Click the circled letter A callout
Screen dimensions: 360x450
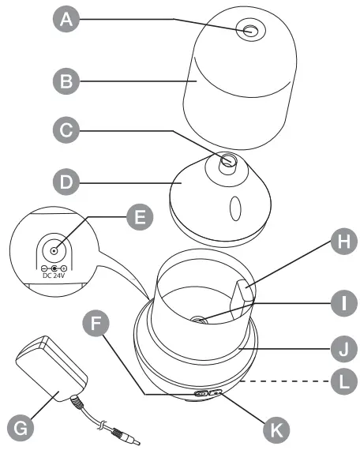pyautogui.click(x=66, y=19)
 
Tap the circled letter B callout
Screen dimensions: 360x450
pyautogui.click(x=66, y=81)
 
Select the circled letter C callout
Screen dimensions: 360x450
pyautogui.click(x=66, y=130)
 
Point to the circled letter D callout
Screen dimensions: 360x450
pyautogui.click(x=66, y=182)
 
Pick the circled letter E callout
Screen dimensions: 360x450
pyautogui.click(x=140, y=216)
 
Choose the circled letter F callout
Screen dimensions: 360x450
pyautogui.click(x=96, y=323)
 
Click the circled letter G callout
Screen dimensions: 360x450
pyautogui.click(x=21, y=428)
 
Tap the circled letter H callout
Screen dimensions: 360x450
pyautogui.click(x=344, y=241)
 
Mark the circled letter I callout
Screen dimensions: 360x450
pyautogui.click(x=344, y=303)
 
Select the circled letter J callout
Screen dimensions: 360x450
pyautogui.click(x=344, y=349)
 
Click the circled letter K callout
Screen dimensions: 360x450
pyautogui.click(x=276, y=429)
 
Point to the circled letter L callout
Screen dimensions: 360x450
pyautogui.click(x=344, y=381)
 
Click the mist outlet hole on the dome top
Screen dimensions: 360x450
pyautogui.click(x=250, y=30)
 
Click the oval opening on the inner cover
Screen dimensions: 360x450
pyautogui.click(x=235, y=208)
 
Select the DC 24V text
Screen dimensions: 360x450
pyautogui.click(x=54, y=276)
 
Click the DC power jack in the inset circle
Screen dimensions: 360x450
pyautogui.click(x=54, y=251)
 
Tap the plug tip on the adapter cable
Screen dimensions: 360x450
pyautogui.click(x=133, y=439)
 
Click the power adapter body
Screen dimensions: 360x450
pyautogui.click(x=51, y=369)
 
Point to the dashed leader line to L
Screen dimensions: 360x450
pyautogui.click(x=286, y=381)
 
